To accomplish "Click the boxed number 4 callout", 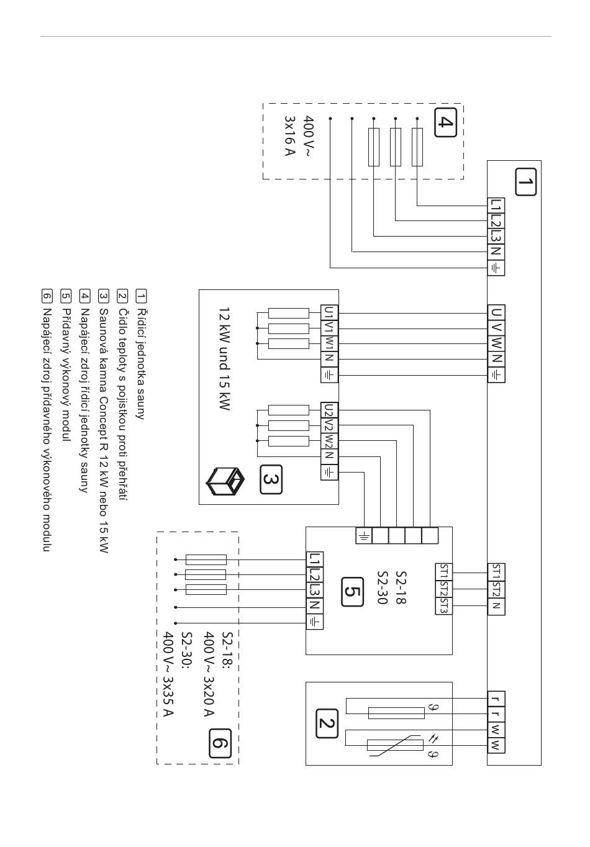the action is (x=445, y=122).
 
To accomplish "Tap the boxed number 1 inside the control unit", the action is (x=525, y=182).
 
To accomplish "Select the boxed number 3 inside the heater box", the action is (x=271, y=479).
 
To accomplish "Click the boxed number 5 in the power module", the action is (x=352, y=592).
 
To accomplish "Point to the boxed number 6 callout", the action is (x=220, y=743).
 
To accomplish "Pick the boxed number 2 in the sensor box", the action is (x=327, y=723).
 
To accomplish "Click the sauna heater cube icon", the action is (x=225, y=481).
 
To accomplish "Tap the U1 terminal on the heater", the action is (x=329, y=313).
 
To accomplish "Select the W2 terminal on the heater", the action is (x=329, y=441).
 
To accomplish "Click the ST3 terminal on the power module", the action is (x=443, y=606).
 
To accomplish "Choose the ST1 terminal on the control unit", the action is (x=496, y=572).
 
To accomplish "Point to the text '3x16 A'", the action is (x=289, y=136).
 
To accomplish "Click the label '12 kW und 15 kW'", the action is (x=224, y=359).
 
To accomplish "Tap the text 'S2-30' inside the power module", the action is (x=383, y=587).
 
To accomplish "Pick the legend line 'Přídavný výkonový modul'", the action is (x=65, y=375).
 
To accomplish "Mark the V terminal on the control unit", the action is (x=496, y=328).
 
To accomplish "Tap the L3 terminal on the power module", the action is (x=315, y=590).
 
